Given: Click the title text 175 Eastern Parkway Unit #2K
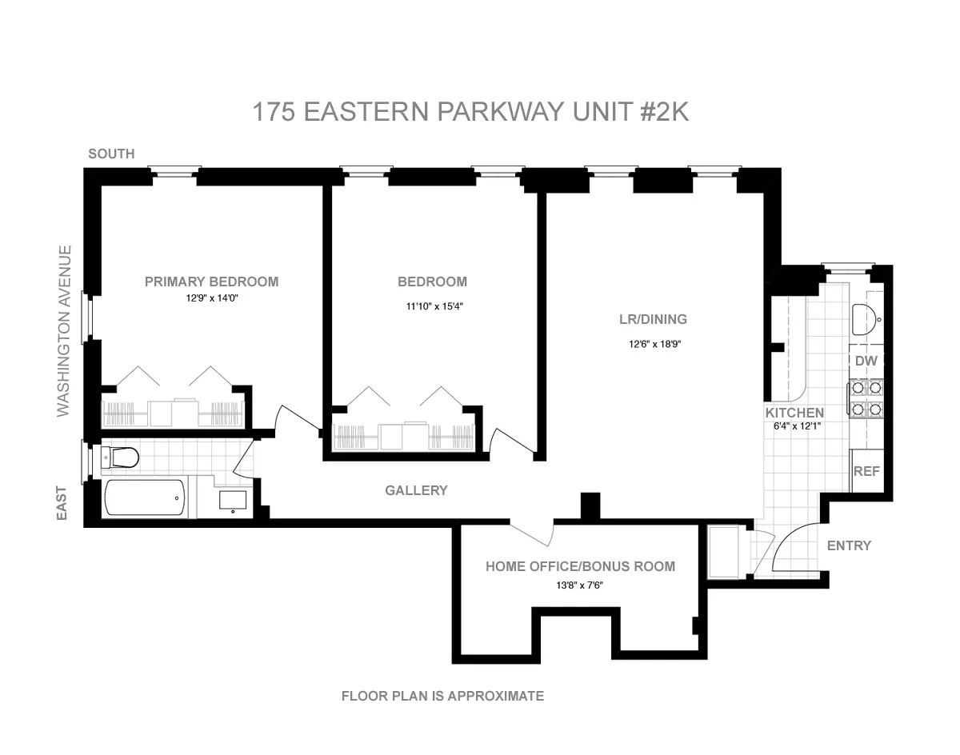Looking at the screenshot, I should [x=470, y=112].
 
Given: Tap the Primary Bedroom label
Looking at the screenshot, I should [x=211, y=282].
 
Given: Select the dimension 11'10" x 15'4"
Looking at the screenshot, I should [x=432, y=305].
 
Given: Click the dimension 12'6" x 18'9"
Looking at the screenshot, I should [x=654, y=345].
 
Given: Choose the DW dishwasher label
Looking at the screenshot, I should [x=866, y=362].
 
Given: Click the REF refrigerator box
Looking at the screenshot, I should [x=866, y=471].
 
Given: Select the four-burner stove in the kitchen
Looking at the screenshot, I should [x=866, y=399].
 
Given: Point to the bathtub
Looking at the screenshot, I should [x=146, y=497].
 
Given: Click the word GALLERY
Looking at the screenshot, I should [x=416, y=490].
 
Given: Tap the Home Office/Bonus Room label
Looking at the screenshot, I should [x=580, y=566].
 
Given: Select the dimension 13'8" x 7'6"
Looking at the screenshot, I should [x=580, y=585].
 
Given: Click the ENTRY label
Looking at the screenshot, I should [x=849, y=545].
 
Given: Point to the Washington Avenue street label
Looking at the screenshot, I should [x=64, y=331].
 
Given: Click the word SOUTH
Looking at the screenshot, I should [x=111, y=154].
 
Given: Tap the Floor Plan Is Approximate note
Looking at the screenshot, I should [x=442, y=696].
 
